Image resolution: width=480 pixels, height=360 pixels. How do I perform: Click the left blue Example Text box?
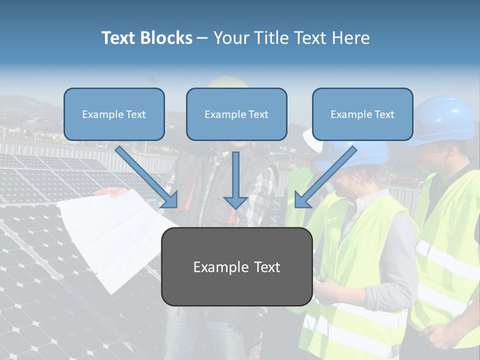(x=114, y=114)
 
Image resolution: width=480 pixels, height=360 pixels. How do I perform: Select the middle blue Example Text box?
(x=236, y=114)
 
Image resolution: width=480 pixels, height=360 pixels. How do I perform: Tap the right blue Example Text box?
(x=362, y=114)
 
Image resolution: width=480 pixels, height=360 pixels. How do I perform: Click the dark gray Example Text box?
(x=236, y=266)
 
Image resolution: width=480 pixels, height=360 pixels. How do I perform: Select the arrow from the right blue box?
(x=325, y=177)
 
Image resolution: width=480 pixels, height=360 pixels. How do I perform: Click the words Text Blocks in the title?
(x=146, y=38)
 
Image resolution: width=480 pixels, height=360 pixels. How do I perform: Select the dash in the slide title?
(x=202, y=38)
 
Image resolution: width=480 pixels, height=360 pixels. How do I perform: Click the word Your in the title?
(x=231, y=38)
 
